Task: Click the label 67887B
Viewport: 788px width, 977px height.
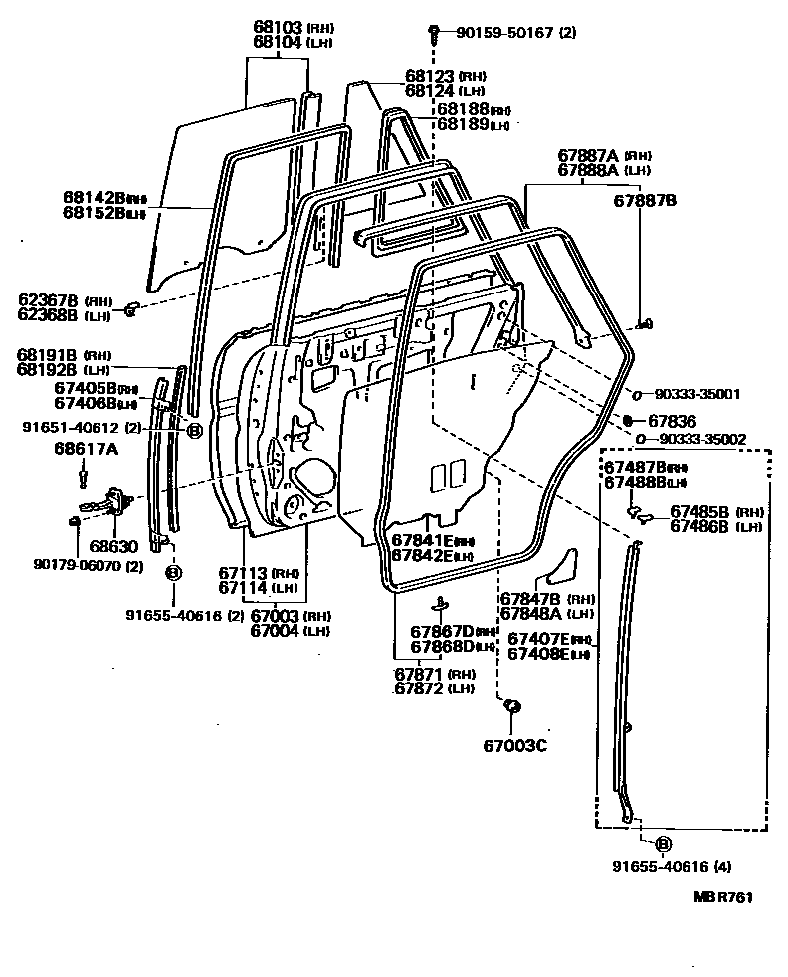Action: click(x=644, y=200)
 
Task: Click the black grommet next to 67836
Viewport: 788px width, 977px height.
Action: click(x=629, y=421)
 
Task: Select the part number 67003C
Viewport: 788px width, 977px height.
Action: click(x=515, y=745)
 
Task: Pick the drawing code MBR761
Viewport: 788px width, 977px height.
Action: click(x=722, y=897)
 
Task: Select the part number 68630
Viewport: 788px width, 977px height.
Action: click(x=108, y=545)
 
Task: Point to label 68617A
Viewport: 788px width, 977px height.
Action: click(x=86, y=449)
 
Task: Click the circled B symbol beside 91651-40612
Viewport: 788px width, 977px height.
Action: click(x=194, y=430)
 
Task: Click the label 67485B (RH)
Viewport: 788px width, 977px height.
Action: click(x=714, y=511)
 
